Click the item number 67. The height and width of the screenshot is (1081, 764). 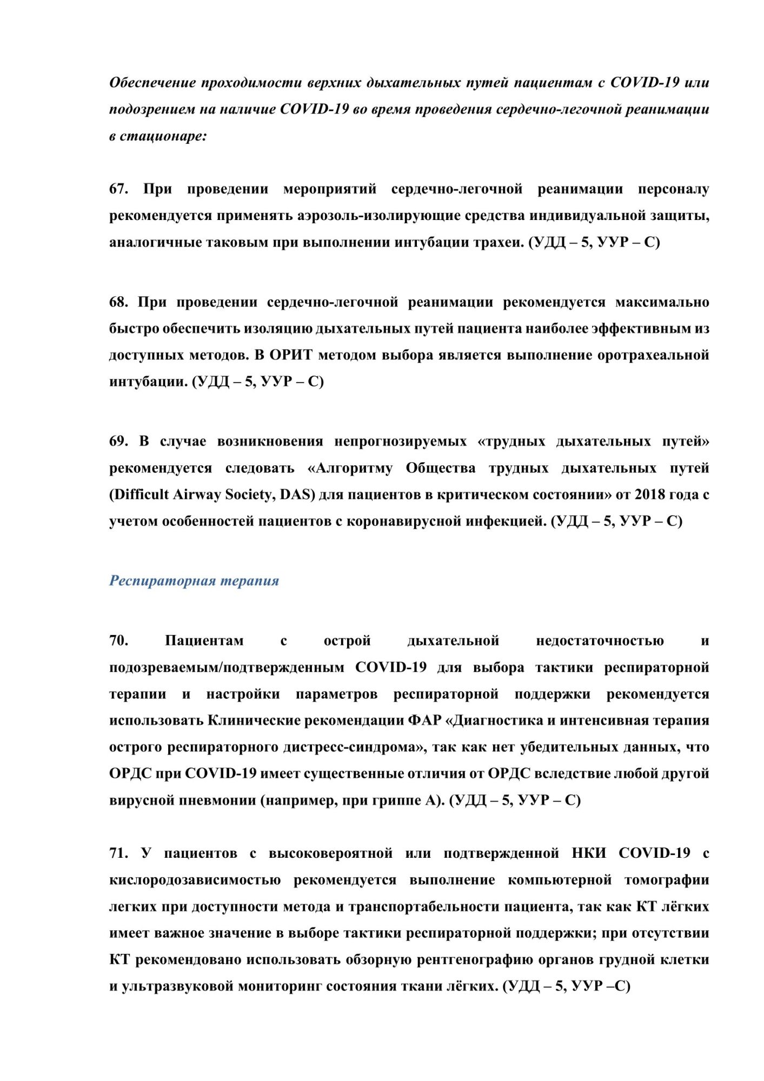point(118,189)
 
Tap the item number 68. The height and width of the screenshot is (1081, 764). point(118,302)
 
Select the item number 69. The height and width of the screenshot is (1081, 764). point(118,441)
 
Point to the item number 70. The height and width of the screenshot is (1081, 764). point(118,640)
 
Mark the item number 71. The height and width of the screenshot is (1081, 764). point(118,853)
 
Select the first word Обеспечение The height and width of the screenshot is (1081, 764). point(152,83)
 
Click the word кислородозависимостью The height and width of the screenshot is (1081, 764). point(195,880)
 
